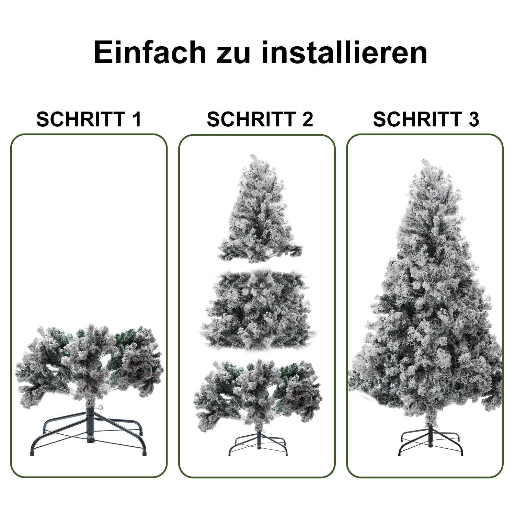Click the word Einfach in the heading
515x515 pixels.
(x=150, y=52)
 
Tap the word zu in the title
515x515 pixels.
(x=233, y=52)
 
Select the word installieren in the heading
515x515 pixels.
(x=344, y=52)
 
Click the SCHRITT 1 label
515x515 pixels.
(x=89, y=119)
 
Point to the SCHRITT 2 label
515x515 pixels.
(x=260, y=119)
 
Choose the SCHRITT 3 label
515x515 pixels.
(x=426, y=119)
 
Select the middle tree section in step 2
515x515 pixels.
(x=257, y=309)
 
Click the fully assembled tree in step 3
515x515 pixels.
(x=426, y=309)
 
